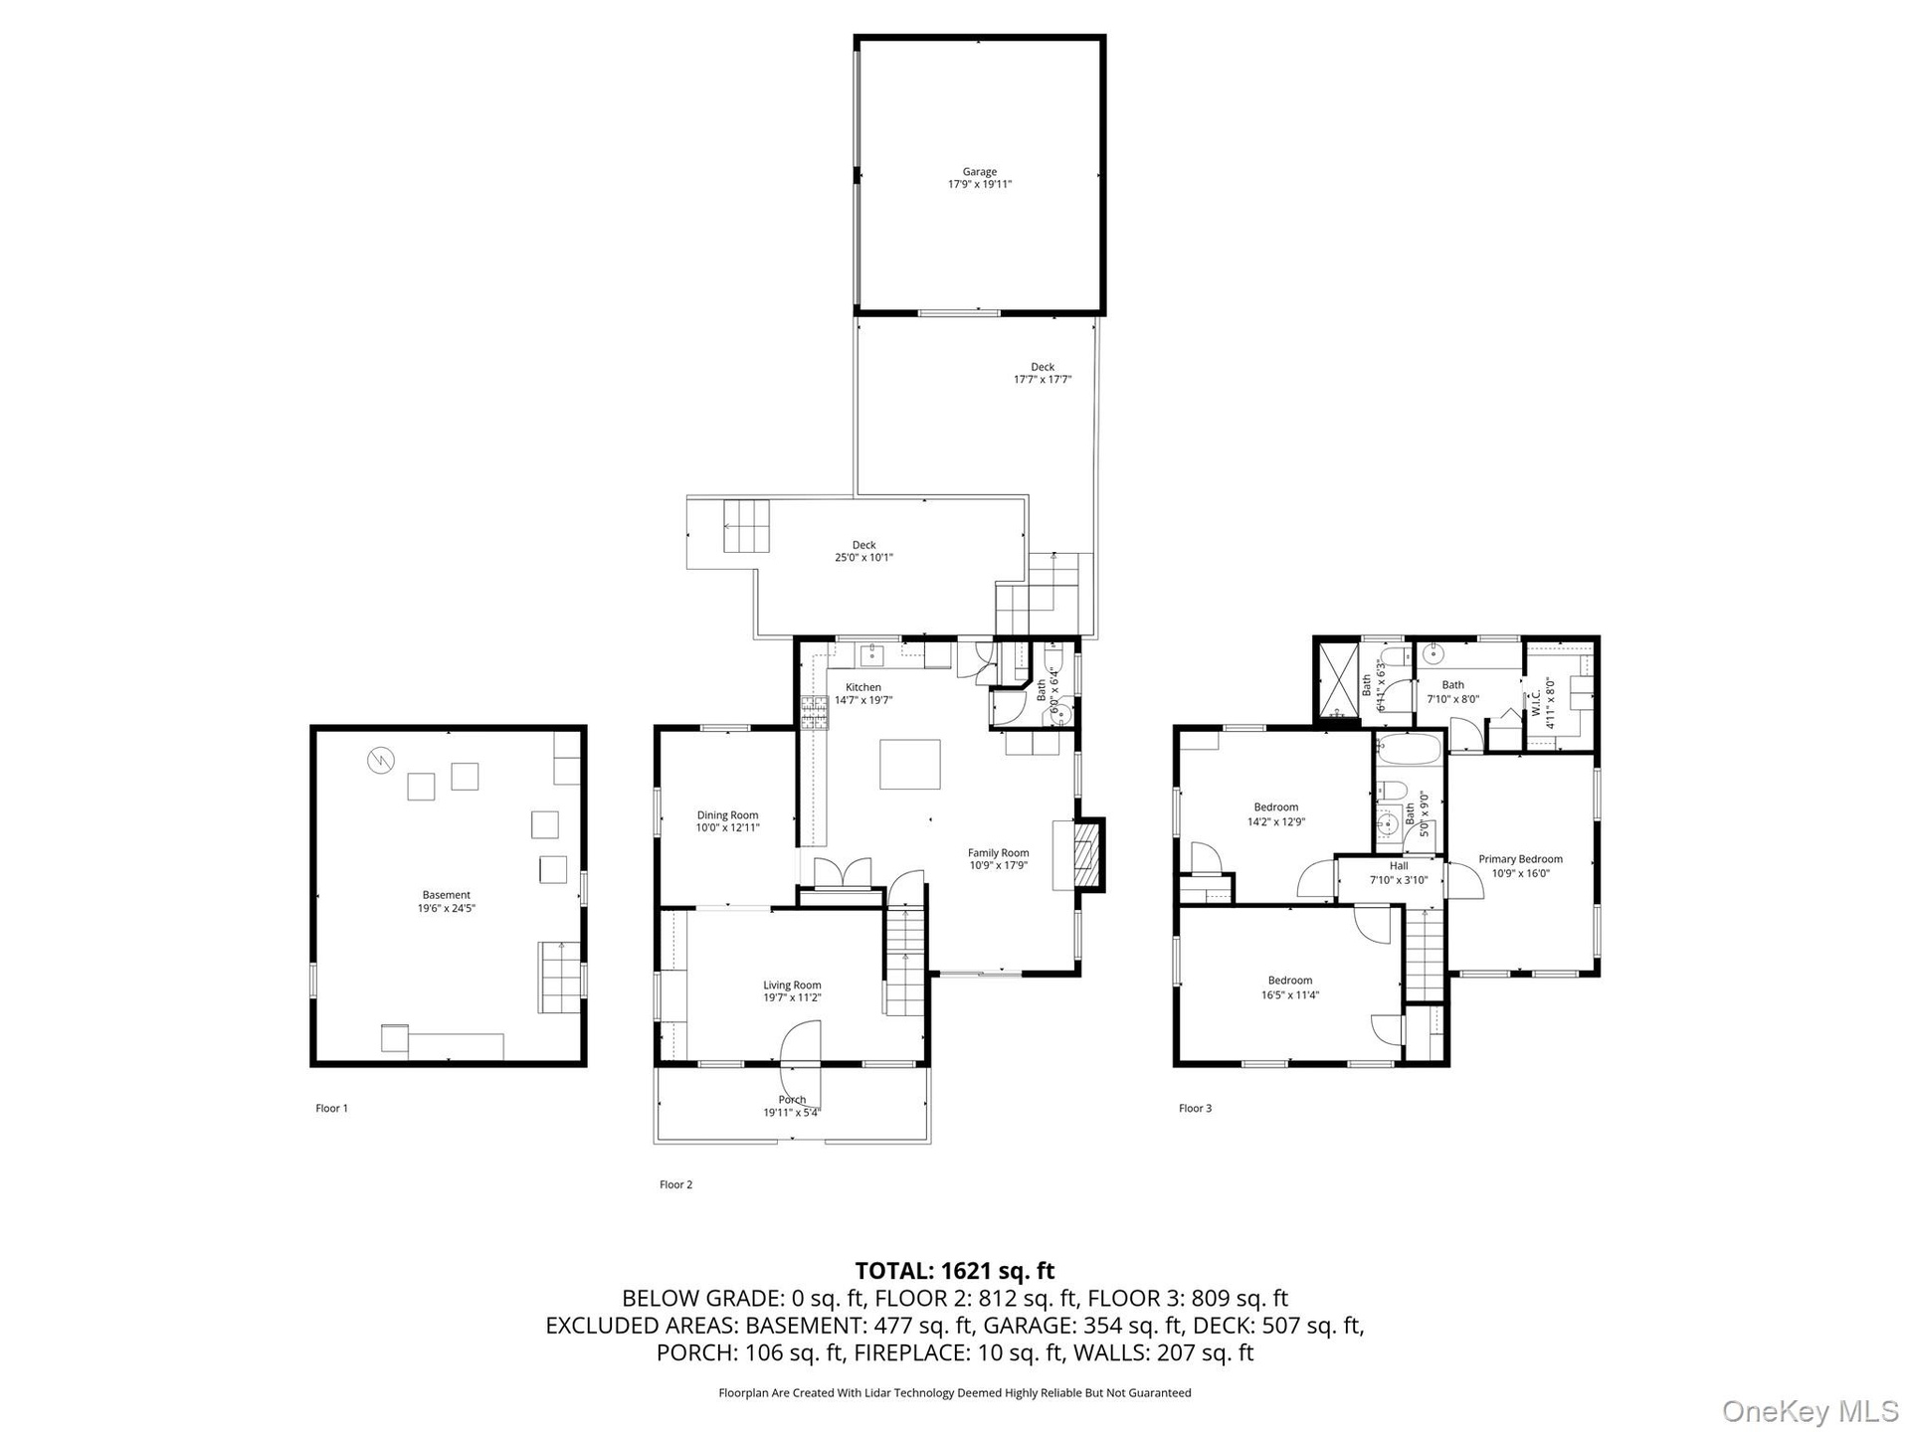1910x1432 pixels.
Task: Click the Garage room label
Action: point(979,178)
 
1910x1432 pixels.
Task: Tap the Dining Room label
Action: point(727,821)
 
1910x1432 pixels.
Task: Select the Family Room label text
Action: point(998,859)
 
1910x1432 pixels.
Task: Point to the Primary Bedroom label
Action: point(1520,866)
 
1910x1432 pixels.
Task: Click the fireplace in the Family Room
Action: point(1089,852)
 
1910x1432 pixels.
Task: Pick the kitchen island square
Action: point(909,764)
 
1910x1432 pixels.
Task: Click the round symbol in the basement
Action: point(381,761)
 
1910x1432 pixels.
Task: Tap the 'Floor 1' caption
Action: point(332,1108)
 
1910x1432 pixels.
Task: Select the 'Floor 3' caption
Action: point(1195,1108)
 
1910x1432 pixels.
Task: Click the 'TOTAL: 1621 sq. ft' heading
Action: point(955,1271)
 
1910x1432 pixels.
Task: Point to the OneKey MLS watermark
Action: point(1811,1410)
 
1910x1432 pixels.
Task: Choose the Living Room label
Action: point(792,991)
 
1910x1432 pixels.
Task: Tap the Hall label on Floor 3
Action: point(1399,873)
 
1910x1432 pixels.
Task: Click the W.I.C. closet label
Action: point(1542,704)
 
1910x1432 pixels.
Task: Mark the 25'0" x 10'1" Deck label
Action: point(863,551)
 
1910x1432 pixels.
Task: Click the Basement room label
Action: point(446,901)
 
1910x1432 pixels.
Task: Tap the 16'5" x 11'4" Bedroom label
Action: point(1289,987)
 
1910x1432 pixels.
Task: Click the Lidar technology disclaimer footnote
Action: point(955,1393)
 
